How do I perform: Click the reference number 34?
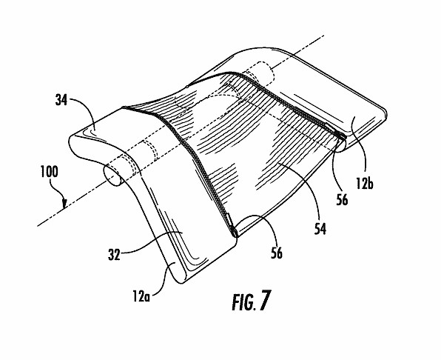click(x=61, y=100)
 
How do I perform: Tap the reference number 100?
click(x=50, y=172)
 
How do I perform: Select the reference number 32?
click(x=114, y=255)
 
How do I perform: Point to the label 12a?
click(x=141, y=296)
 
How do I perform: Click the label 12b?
click(x=365, y=184)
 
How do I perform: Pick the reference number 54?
click(x=320, y=229)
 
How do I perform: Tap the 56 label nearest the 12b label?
click(x=342, y=199)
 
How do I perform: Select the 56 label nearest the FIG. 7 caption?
click(x=277, y=253)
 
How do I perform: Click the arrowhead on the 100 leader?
click(x=65, y=204)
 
